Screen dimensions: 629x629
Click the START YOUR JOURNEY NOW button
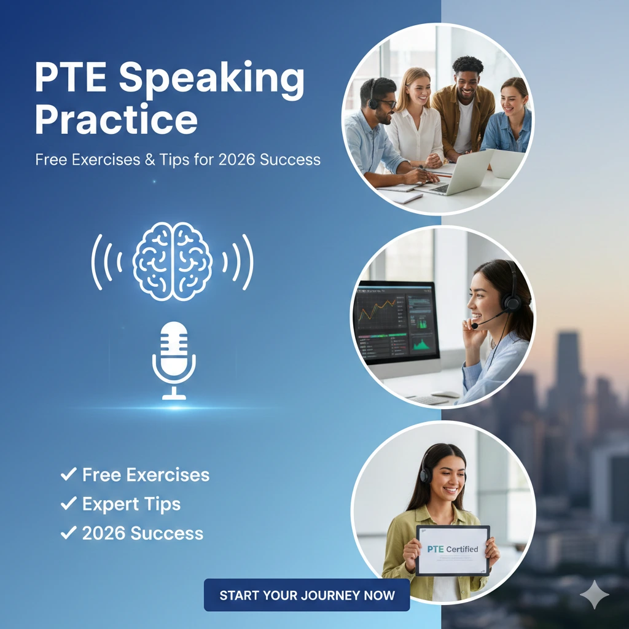click(x=307, y=595)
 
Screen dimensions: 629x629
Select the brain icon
click(x=173, y=262)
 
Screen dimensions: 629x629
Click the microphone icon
click(x=174, y=360)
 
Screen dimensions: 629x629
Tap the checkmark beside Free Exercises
click(x=68, y=474)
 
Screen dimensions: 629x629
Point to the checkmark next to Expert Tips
click(x=68, y=504)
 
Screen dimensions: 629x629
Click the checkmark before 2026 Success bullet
click(x=68, y=533)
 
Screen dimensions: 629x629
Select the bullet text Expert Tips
click(x=131, y=504)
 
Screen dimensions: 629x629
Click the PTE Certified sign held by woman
click(x=453, y=550)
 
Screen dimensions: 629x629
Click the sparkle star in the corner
click(x=595, y=595)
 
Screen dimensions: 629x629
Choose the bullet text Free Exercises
click(x=146, y=474)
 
